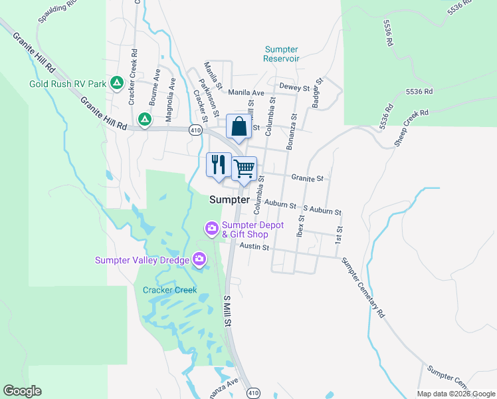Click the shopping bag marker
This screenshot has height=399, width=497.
click(239, 126)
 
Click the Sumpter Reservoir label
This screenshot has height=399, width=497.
click(282, 54)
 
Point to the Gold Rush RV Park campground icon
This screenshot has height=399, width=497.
click(116, 82)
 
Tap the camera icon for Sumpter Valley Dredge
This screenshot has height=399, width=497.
click(199, 259)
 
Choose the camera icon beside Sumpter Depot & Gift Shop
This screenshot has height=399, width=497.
click(212, 229)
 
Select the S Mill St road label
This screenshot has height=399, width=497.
click(227, 311)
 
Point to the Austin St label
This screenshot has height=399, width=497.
click(254, 247)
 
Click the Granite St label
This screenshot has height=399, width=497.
click(307, 178)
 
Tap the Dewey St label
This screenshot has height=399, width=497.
click(295, 87)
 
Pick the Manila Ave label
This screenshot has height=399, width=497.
click(247, 93)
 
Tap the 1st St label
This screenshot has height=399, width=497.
click(339, 233)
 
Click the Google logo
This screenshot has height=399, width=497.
click(22, 391)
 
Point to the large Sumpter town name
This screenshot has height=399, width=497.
click(229, 199)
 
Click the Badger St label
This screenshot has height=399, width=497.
click(316, 93)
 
